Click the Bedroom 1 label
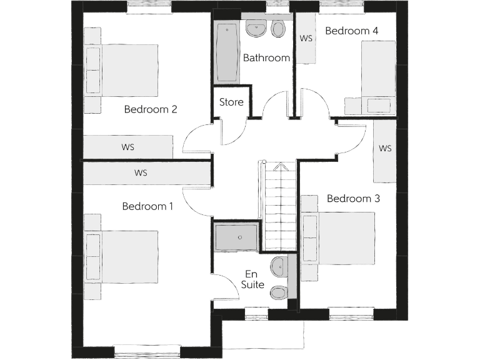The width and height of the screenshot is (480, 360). click(x=147, y=206)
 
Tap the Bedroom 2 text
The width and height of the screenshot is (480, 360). click(x=151, y=109)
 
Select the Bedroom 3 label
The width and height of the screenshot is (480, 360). click(x=353, y=199)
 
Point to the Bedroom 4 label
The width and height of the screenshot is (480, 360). click(x=352, y=31)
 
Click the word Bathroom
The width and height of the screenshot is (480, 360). click(x=266, y=58)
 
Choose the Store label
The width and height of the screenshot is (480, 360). click(x=231, y=102)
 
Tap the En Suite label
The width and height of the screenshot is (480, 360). click(x=252, y=279)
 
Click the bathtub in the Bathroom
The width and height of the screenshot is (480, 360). click(x=227, y=52)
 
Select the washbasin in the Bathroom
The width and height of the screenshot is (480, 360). click(x=256, y=27)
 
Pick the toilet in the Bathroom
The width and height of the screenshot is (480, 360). click(x=279, y=29)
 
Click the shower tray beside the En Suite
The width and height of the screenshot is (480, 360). click(x=236, y=237)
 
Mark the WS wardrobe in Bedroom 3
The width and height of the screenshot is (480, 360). click(x=384, y=149)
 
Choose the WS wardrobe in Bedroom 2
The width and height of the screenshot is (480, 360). click(x=128, y=147)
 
